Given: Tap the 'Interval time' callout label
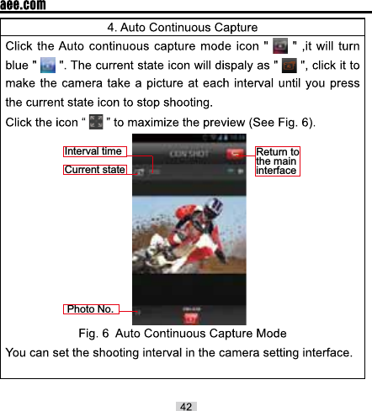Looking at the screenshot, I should (94, 151).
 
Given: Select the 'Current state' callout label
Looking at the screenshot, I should (94, 170).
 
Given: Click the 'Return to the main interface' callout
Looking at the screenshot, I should (277, 161).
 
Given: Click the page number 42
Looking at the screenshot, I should (186, 406).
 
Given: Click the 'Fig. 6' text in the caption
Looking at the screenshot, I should (93, 335).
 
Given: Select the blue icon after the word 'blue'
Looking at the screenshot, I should (47, 65).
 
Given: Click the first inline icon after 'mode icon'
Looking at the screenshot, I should (280, 44).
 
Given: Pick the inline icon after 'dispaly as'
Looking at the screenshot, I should (289, 65).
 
